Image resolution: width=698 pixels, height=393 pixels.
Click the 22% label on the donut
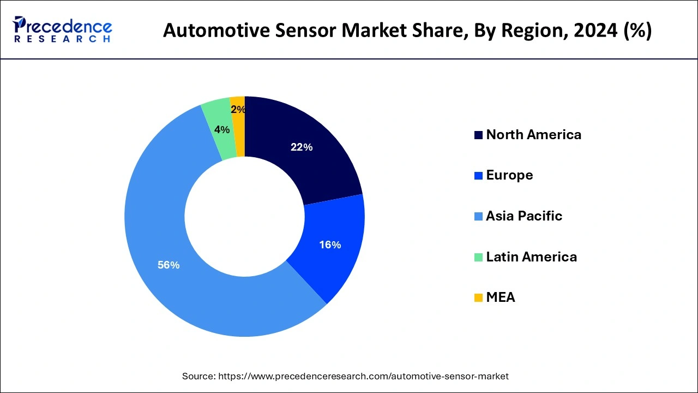point(301,147)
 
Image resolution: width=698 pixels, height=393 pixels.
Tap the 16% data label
point(330,245)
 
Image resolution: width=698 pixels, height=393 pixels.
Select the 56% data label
point(169,265)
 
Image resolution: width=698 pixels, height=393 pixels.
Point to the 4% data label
point(221,130)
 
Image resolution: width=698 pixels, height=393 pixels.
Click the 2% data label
point(238,110)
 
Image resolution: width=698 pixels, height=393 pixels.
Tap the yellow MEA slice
point(238,126)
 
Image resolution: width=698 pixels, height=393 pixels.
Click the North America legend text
point(533,135)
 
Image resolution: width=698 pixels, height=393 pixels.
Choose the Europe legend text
point(509,175)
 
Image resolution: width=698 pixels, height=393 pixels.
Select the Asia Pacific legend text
point(523,216)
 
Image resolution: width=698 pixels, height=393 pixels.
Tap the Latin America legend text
point(531,257)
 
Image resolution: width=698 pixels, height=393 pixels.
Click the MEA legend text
point(500,297)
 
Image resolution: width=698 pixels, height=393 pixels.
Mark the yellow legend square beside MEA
point(478,298)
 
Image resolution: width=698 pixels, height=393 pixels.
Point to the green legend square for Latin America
point(478,257)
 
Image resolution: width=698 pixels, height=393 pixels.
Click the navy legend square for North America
point(478,135)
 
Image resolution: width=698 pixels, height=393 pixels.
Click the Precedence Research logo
point(62,29)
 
